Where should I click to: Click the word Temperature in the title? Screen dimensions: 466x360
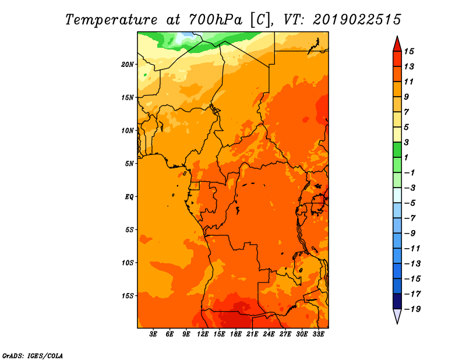[x=111, y=20]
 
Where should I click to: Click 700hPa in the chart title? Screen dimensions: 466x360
[x=216, y=19]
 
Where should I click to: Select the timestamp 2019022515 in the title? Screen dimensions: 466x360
[x=357, y=19]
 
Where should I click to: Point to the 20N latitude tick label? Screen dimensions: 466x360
[x=128, y=65]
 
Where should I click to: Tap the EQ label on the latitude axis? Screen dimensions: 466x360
[x=129, y=197]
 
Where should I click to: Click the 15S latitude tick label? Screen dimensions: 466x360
[x=128, y=296]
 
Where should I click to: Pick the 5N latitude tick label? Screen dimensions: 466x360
[x=129, y=164]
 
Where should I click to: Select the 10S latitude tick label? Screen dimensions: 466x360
[x=128, y=263]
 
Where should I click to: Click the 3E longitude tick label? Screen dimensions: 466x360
[x=153, y=334]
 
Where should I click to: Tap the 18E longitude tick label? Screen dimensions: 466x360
[x=236, y=334]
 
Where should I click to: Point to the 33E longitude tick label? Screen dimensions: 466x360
[x=318, y=334]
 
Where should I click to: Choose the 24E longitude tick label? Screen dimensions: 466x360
[x=269, y=334]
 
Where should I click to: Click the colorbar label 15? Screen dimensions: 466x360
[x=409, y=51]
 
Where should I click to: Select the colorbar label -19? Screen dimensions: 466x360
[x=412, y=309]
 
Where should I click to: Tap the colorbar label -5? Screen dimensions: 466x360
[x=411, y=203]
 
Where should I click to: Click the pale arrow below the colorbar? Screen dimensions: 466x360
[x=397, y=316]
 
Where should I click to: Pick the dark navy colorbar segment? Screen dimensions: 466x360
[x=397, y=301]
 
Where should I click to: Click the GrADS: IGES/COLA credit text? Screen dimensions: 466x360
[x=33, y=356]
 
